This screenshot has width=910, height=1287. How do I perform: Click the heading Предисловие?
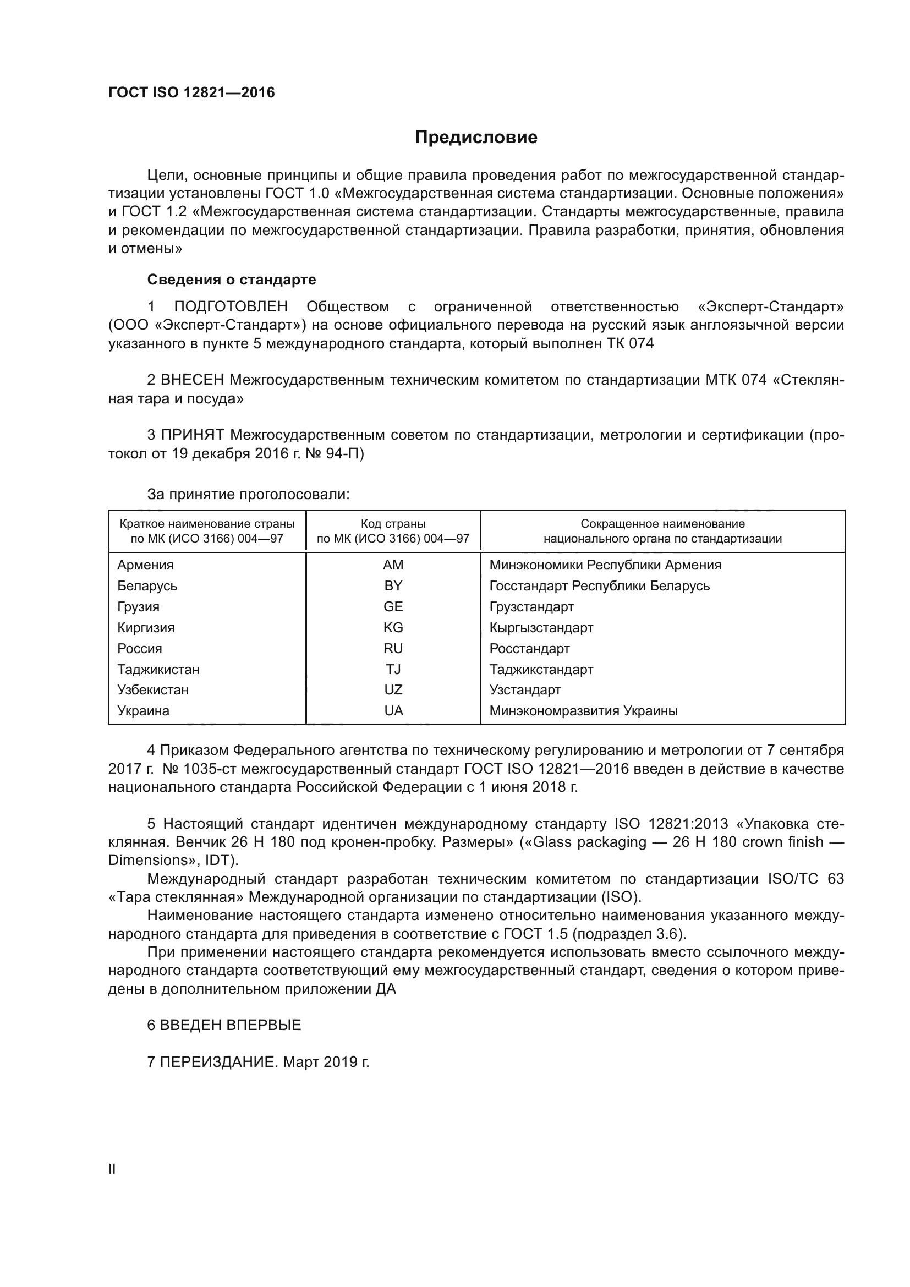coord(476,138)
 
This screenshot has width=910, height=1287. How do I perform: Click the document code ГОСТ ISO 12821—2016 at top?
coord(191,92)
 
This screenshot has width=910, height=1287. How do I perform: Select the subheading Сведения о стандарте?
coord(232,279)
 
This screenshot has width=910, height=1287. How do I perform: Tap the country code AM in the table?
coord(393,565)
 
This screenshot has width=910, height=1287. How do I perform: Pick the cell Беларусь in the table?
coord(147,586)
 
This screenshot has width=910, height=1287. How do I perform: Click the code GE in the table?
coord(393,606)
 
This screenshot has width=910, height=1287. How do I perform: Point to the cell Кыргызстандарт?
coord(541,628)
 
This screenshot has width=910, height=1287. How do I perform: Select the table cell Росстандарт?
coord(529,649)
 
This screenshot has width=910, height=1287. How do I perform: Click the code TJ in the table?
coord(393,669)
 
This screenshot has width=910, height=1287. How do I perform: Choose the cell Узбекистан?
coord(153,690)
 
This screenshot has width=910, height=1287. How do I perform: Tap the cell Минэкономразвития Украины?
coord(583,711)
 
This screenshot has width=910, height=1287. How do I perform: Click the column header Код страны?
coord(393,523)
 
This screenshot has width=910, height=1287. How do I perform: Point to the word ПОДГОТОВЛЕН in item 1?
coord(231,306)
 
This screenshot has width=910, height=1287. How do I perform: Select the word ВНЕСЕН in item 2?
coord(192,380)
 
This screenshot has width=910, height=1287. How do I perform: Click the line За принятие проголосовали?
coord(248,495)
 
